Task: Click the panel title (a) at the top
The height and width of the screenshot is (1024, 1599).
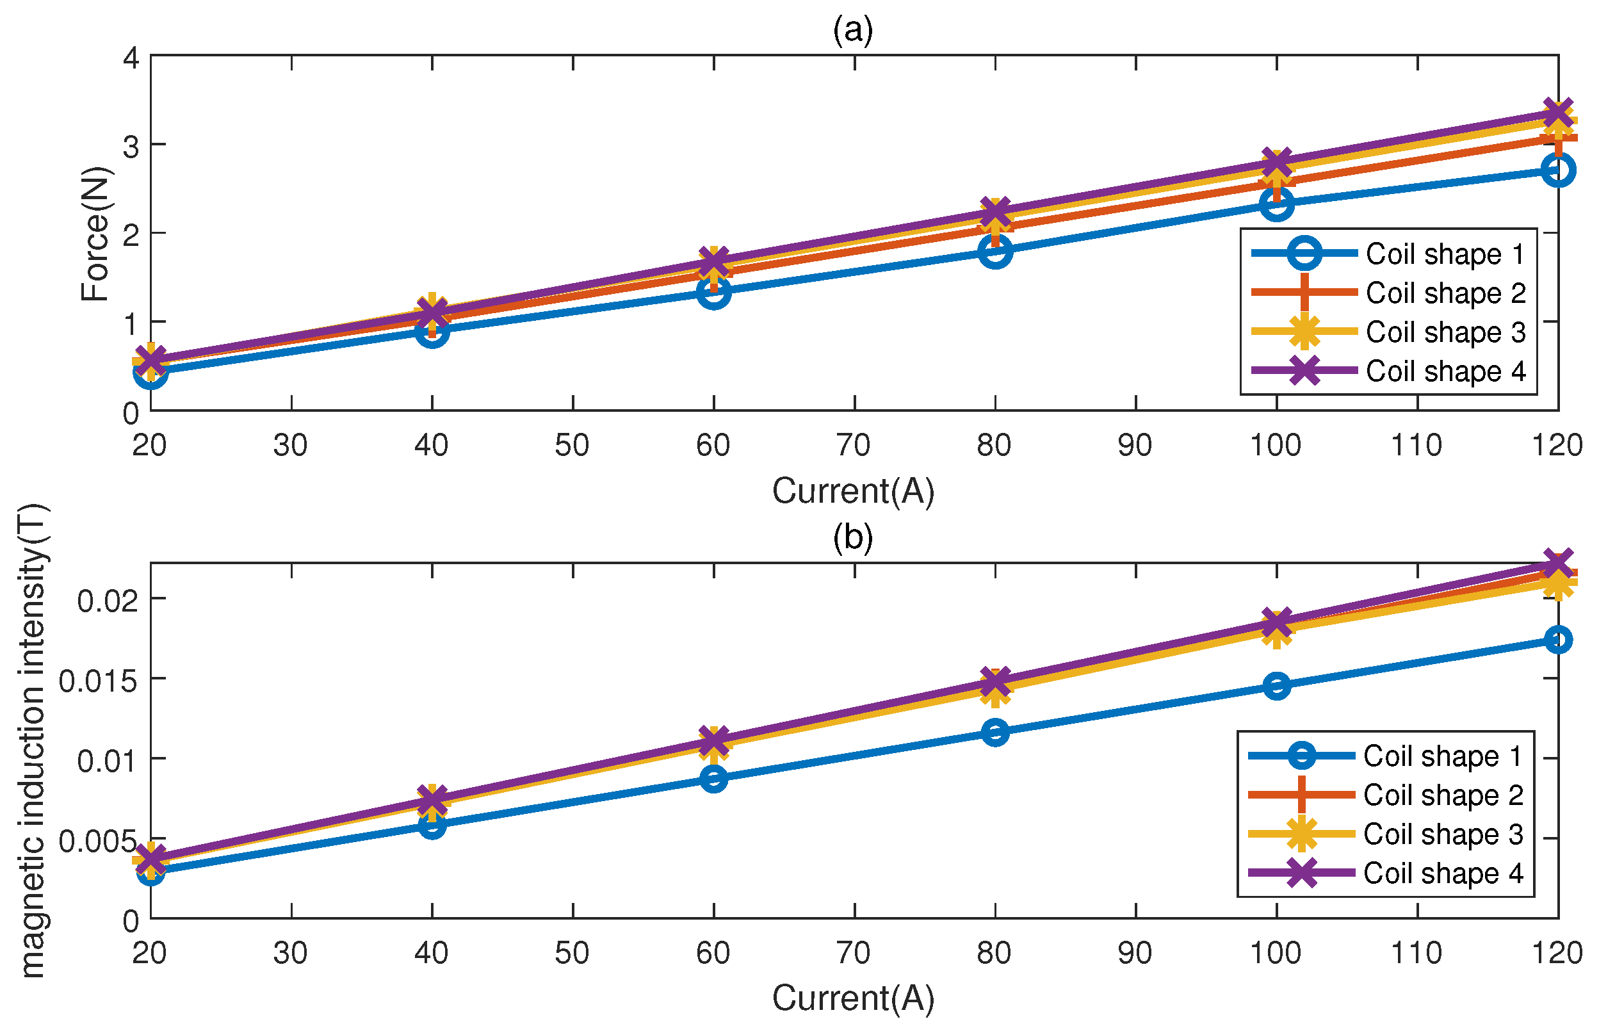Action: point(853,29)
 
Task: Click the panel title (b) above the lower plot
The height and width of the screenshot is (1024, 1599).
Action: point(853,537)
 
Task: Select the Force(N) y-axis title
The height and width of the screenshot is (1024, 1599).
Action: point(95,233)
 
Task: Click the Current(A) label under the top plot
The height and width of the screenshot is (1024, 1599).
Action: point(853,491)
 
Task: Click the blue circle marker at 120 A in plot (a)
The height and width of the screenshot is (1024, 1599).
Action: point(1558,170)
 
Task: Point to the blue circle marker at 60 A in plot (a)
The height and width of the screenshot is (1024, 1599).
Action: point(714,292)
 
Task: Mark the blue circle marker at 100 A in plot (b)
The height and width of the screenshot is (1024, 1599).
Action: point(1276,685)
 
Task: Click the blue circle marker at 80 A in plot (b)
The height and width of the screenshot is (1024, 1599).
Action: point(995,733)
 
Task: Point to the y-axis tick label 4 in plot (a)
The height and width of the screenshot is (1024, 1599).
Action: point(131,58)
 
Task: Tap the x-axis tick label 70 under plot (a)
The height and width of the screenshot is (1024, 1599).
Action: point(854,446)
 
